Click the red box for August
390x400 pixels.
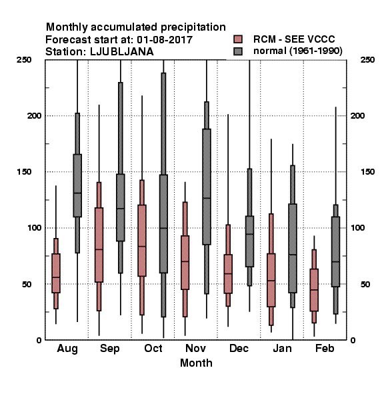(x=56, y=273)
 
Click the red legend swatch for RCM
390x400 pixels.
(x=238, y=39)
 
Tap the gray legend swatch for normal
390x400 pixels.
(x=238, y=51)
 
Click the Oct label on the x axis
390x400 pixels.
(x=153, y=348)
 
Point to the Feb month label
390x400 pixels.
(x=325, y=348)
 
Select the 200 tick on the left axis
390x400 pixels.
(x=34, y=115)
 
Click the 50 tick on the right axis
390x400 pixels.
(x=365, y=284)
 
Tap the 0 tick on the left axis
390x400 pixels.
(x=39, y=340)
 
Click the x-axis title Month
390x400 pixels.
(x=196, y=363)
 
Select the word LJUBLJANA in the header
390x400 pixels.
(x=122, y=52)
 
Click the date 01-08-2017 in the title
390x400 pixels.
(x=165, y=39)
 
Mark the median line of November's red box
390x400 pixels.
(x=185, y=261)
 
